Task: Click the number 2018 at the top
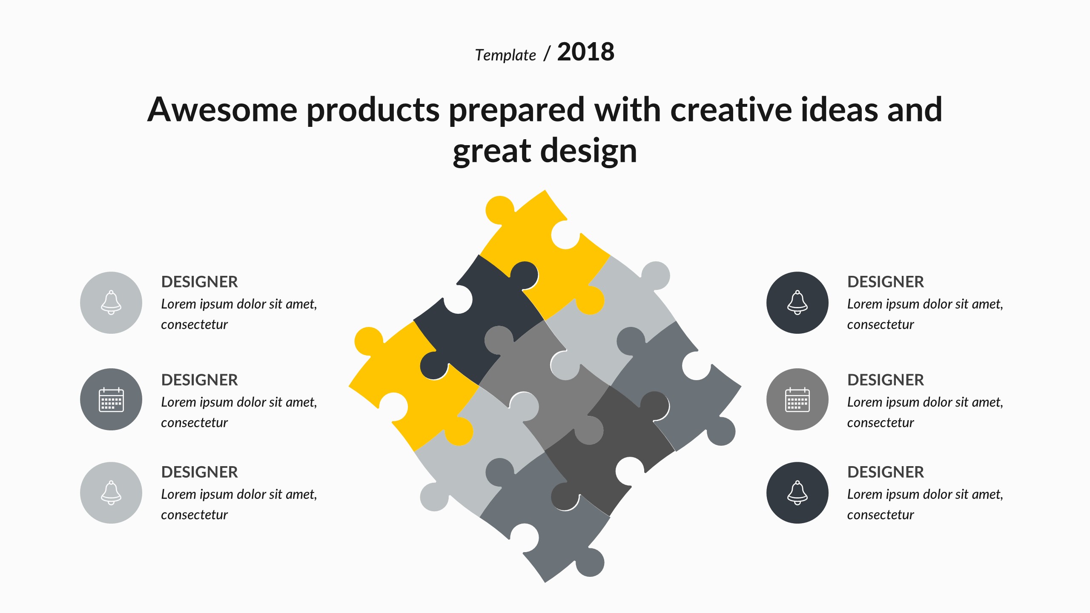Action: click(585, 52)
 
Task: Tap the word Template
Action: click(505, 55)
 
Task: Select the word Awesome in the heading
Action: click(222, 109)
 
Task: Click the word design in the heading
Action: click(588, 151)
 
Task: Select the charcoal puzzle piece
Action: click(609, 451)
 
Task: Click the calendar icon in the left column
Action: click(111, 400)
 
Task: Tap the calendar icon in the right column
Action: click(797, 400)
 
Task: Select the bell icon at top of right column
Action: click(797, 303)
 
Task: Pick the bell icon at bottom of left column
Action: click(111, 493)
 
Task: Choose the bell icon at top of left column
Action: click(111, 303)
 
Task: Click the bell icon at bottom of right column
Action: click(797, 493)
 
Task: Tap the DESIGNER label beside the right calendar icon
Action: click(886, 380)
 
